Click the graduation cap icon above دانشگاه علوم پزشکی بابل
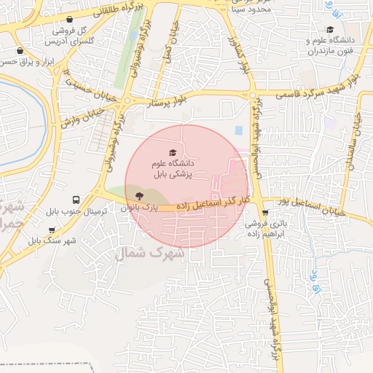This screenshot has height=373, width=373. click(172, 153)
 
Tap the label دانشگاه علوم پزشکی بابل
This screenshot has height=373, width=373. click(172, 170)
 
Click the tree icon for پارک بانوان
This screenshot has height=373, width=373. click(138, 195)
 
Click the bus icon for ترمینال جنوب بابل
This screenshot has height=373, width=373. click(76, 199)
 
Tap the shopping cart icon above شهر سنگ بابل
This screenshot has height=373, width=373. click(52, 230)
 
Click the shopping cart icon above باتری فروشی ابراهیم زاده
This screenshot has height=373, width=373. click(266, 213)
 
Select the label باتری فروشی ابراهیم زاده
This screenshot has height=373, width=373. click(278, 230)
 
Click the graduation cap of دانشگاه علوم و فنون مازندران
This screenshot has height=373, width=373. click(331, 29)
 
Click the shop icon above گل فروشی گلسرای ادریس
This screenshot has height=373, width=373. click(68, 20)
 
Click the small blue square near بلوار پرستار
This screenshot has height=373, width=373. click(239, 131)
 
